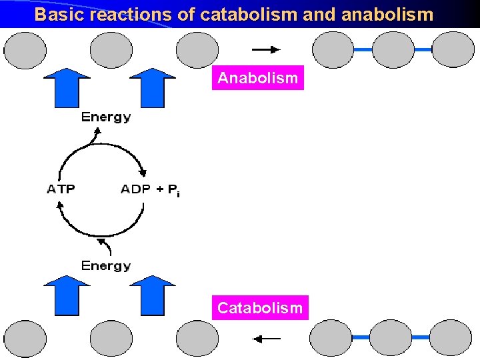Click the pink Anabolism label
pyautogui.click(x=258, y=78)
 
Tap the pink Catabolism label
pyautogui.click(x=260, y=308)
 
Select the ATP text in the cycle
pyautogui.click(x=61, y=189)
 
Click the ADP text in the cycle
pyautogui.click(x=135, y=189)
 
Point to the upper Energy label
pyautogui.click(x=106, y=117)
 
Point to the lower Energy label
pyautogui.click(x=106, y=266)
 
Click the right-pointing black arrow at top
pyautogui.click(x=266, y=49)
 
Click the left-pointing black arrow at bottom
pyautogui.click(x=266, y=339)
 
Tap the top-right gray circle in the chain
pyautogui.click(x=453, y=50)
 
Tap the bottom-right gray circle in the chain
pyautogui.click(x=453, y=339)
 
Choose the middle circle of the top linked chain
pyautogui.click(x=393, y=50)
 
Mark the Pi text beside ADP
pyautogui.click(x=172, y=191)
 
